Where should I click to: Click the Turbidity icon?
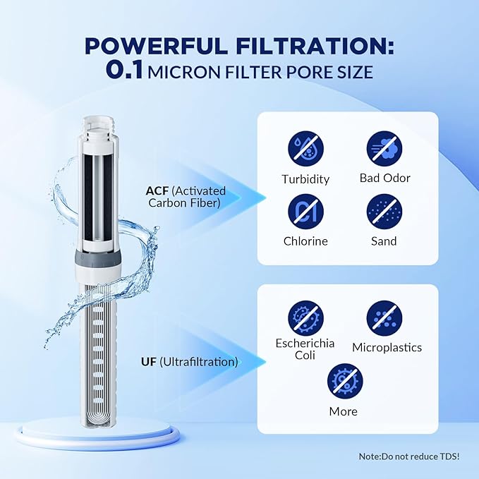pos(305,149)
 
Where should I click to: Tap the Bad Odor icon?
pos(384,149)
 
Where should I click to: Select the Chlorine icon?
pos(305,211)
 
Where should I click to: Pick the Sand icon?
pos(384,211)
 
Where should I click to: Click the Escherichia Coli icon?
pos(305,317)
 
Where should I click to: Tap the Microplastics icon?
pos(384,317)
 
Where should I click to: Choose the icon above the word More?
pos(344,381)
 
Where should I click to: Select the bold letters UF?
pos(149,362)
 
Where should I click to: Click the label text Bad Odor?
pos(384,178)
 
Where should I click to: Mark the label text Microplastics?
pos(386,347)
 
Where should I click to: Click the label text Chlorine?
pos(305,241)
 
